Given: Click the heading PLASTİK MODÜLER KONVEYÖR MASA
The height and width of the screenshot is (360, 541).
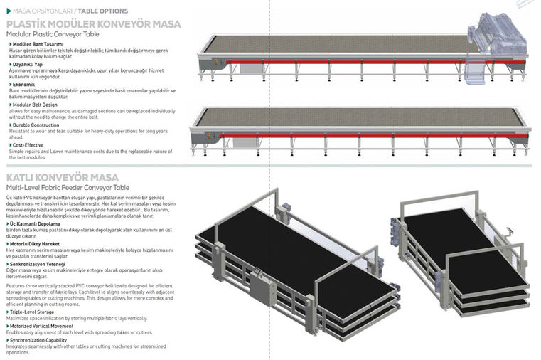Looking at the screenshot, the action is coord(93,23).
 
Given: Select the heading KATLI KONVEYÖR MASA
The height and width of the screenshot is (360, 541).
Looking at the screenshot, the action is coord(63,177).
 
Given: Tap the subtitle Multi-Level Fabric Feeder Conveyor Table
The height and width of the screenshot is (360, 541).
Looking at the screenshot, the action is coord(68,187).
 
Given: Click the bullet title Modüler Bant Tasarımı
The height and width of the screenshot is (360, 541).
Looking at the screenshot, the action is coord(38,44).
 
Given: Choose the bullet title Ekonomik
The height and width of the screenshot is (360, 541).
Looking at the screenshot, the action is coord(24,85).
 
